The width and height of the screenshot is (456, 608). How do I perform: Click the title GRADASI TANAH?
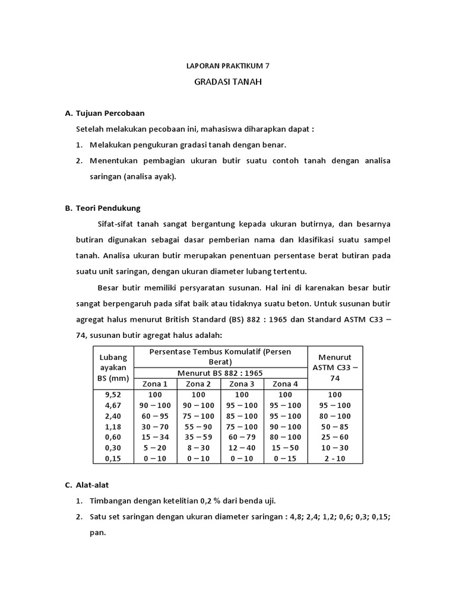click(x=227, y=82)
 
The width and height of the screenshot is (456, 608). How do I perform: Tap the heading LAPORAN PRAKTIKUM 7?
click(x=227, y=66)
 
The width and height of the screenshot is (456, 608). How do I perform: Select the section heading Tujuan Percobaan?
click(x=110, y=113)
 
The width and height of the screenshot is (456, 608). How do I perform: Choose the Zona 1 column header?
click(x=156, y=384)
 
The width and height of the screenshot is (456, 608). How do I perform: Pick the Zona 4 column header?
click(x=285, y=384)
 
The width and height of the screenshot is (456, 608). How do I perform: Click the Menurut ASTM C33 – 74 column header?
click(x=335, y=368)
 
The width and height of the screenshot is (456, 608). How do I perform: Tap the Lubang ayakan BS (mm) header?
click(x=113, y=368)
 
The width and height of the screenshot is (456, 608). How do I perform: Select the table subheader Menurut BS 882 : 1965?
click(x=220, y=373)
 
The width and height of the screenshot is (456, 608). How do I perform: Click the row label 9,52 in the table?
click(x=113, y=395)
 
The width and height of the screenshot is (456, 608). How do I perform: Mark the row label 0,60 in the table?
click(x=113, y=438)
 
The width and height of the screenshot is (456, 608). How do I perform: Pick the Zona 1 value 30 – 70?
click(x=156, y=427)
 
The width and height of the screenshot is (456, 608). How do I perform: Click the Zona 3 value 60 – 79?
click(x=242, y=438)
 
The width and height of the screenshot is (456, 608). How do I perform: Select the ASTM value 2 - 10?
click(x=335, y=459)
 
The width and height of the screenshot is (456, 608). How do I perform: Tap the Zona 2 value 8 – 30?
click(x=199, y=448)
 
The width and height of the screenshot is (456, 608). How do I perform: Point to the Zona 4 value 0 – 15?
click(x=285, y=459)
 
